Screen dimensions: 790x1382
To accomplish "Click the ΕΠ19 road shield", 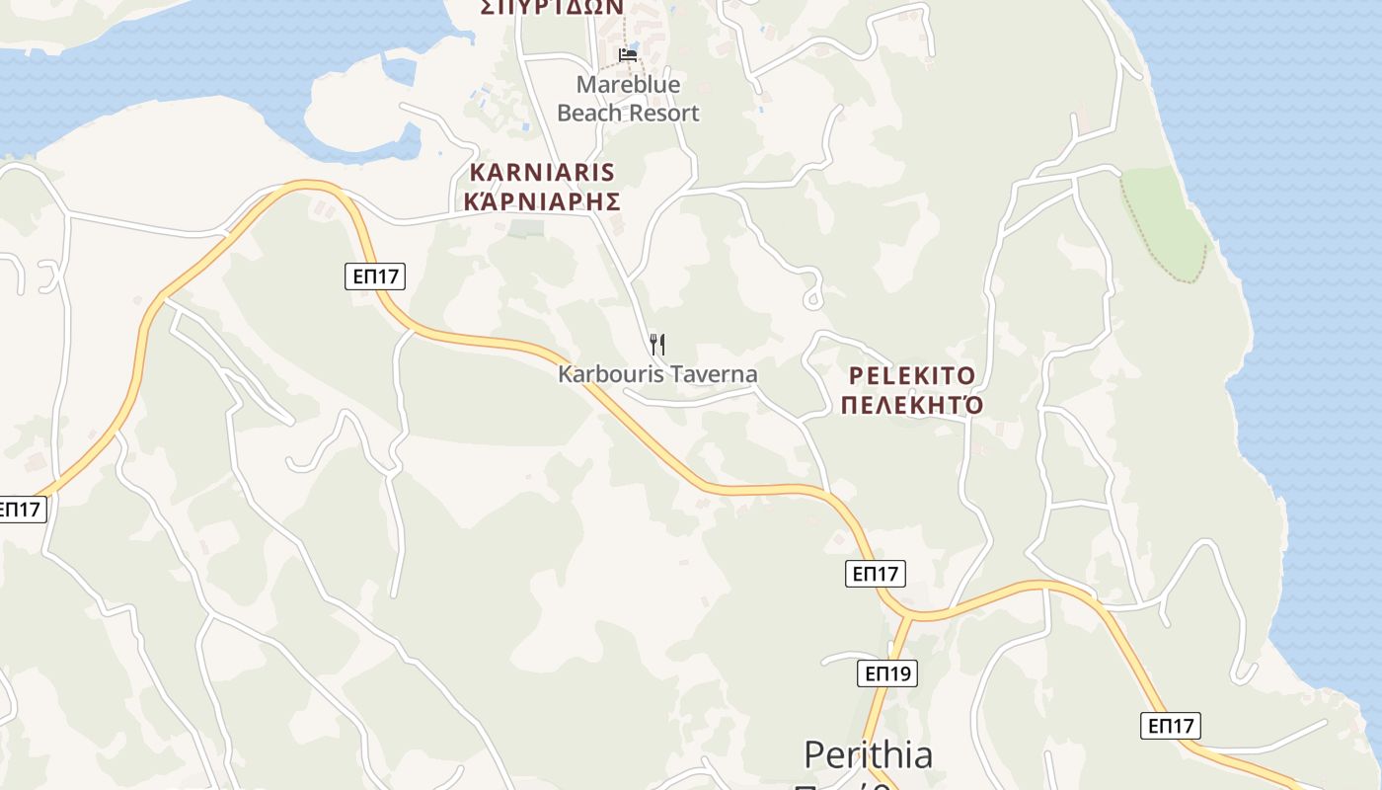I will (886, 673).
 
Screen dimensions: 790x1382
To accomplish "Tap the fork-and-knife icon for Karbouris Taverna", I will (657, 345).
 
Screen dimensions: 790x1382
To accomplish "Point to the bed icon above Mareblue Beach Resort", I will (628, 54).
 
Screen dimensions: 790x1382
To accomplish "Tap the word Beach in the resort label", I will (590, 113).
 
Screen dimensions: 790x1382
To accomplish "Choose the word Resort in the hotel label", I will (664, 113).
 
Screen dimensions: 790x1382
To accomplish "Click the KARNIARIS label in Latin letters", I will (542, 173).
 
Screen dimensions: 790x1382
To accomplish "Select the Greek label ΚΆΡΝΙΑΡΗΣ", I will (542, 201).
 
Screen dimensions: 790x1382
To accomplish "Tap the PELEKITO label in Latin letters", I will (912, 376).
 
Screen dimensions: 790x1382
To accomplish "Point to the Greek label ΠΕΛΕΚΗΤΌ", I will (912, 405).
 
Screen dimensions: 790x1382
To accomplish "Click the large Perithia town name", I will (868, 755).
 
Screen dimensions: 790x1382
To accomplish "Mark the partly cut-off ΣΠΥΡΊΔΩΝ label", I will (552, 7).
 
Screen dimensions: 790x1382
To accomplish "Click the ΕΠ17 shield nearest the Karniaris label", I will (375, 276).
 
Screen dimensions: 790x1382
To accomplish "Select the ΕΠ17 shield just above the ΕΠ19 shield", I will (875, 573).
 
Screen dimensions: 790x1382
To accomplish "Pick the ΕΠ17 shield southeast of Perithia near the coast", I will (1171, 726).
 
